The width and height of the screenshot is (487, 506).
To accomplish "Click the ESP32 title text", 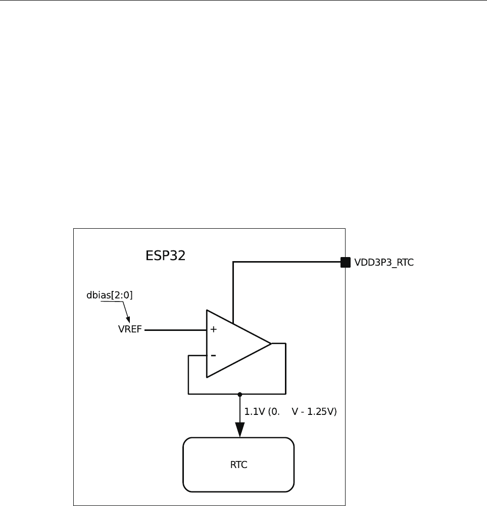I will click(166, 256).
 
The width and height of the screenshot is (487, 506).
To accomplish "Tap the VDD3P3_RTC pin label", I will click(384, 263).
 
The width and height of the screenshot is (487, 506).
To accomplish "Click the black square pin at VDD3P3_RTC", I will click(346, 262).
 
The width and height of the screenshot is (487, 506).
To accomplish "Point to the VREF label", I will click(130, 330).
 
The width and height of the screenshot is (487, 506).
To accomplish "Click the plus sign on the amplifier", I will click(213, 329).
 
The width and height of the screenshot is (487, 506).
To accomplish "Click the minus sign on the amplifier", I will click(213, 356).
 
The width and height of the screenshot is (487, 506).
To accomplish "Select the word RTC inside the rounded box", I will click(238, 465).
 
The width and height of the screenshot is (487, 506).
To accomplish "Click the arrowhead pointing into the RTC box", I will click(240, 430).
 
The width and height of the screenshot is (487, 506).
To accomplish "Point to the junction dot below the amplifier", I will click(240, 394).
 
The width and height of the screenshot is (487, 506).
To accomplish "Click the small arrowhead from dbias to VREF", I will click(128, 319).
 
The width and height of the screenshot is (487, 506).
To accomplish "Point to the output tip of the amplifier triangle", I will click(271, 344).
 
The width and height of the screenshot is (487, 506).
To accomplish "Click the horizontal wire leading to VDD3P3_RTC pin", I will click(288, 262).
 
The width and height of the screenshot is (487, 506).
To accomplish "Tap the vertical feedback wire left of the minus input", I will click(188, 374).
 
